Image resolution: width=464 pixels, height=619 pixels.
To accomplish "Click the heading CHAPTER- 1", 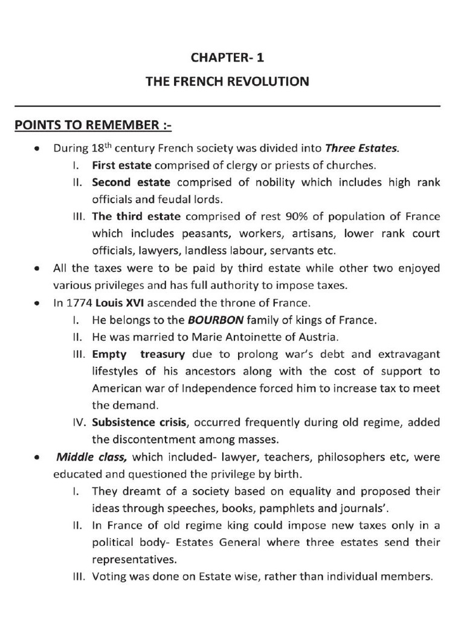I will click(x=227, y=58).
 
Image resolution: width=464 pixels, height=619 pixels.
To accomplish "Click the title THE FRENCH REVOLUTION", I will click(x=227, y=81).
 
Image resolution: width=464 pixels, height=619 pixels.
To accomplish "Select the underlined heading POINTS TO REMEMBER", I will click(x=93, y=125).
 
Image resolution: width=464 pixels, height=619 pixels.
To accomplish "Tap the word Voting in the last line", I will click(x=108, y=576).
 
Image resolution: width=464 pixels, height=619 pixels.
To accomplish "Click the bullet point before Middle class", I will click(x=39, y=458).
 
